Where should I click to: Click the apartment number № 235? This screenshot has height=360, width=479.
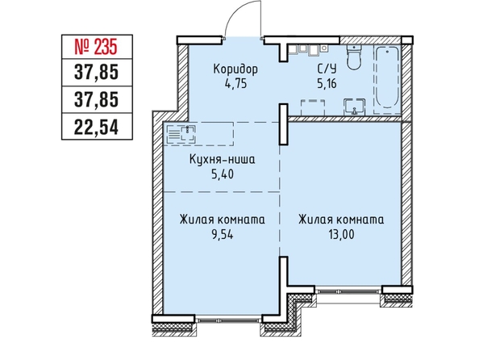point(96,48)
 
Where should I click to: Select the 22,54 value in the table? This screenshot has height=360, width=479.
point(96,128)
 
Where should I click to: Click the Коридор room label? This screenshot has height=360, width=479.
point(235,69)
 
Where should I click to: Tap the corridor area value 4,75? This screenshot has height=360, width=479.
point(235,84)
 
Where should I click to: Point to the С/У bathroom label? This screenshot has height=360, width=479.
point(327,69)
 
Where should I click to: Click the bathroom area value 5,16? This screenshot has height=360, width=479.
point(327,84)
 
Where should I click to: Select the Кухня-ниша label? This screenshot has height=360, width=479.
point(222,160)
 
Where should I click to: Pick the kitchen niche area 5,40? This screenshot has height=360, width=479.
point(223,174)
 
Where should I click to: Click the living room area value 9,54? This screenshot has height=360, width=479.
point(223,235)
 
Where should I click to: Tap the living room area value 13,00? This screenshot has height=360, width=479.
point(342,235)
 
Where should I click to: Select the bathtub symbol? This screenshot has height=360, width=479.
point(387,77)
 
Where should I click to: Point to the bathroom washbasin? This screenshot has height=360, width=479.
point(354,107)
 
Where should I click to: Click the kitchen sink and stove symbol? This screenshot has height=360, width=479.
point(181,134)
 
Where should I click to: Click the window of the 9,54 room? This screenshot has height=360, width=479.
point(228,320)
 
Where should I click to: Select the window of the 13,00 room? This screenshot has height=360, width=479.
point(348,291)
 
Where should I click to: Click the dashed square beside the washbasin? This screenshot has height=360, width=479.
point(313,107)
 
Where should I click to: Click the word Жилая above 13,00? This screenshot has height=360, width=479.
point(315,220)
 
